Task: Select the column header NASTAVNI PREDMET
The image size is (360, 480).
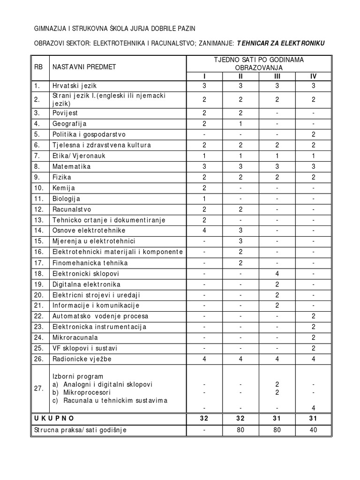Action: pos(84,67)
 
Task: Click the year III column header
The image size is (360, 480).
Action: pos(277,76)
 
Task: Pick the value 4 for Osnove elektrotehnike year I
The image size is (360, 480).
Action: pos(204,231)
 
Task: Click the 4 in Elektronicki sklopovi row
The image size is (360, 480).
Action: pos(277,273)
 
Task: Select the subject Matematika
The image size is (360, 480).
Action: pos(72,166)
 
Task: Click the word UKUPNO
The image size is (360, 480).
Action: pos(54,418)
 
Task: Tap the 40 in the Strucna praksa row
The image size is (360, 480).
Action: pos(313,430)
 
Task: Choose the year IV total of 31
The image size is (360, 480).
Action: pos(313,418)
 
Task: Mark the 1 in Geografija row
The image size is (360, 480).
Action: pos(240,124)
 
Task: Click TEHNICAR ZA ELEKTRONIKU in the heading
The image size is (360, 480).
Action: pos(280,43)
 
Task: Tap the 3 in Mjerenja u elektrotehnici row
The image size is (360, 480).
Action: pos(240,241)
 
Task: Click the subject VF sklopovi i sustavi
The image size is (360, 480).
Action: pos(85,348)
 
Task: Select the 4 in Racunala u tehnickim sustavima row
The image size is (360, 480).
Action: pos(313,407)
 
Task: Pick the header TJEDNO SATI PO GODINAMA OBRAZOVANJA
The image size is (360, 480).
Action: pos(259,63)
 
